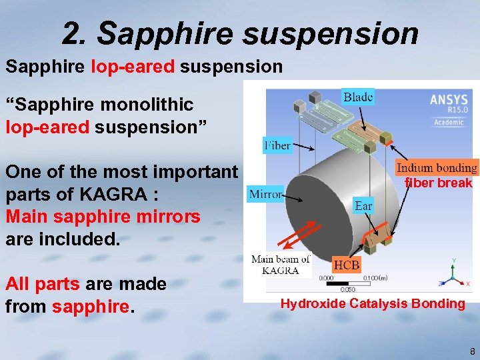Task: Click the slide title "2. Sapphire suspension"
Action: click(x=240, y=33)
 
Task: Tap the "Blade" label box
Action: click(x=358, y=97)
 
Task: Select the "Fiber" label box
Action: click(x=277, y=145)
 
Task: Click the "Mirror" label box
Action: click(x=265, y=195)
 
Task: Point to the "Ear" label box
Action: click(x=363, y=206)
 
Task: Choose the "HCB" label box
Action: click(x=346, y=265)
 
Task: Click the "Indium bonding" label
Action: click(x=437, y=168)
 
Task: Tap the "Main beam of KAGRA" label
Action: click(x=281, y=265)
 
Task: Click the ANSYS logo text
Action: click(x=449, y=99)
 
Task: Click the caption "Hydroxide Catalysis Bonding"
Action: click(x=373, y=304)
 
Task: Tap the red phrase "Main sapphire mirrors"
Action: click(x=103, y=217)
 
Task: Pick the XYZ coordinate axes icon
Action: click(x=454, y=273)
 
